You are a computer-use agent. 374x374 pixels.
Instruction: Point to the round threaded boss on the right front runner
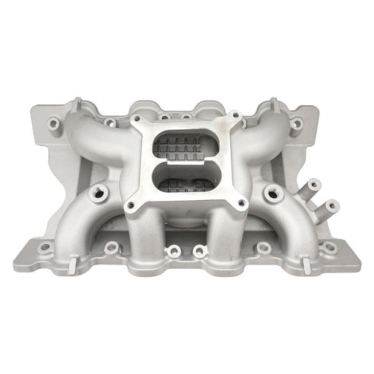[x=276, y=193]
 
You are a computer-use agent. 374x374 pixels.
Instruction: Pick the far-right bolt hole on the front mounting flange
[x=330, y=247]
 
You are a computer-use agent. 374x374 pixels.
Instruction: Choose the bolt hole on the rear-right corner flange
[x=297, y=123]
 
